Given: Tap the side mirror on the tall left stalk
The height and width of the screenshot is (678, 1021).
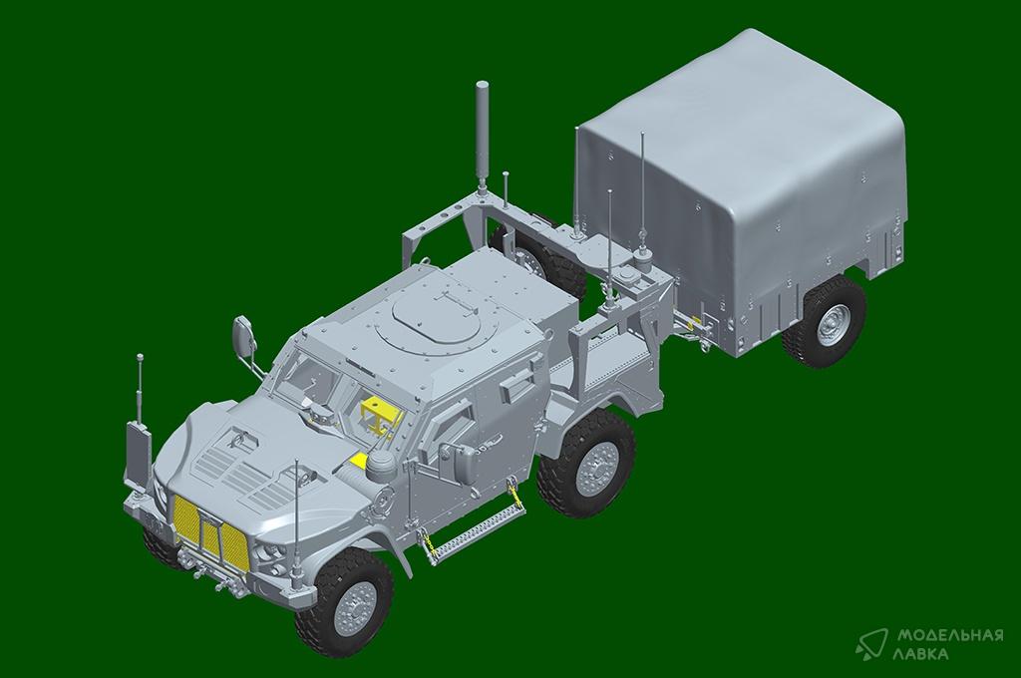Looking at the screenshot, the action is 243,336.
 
